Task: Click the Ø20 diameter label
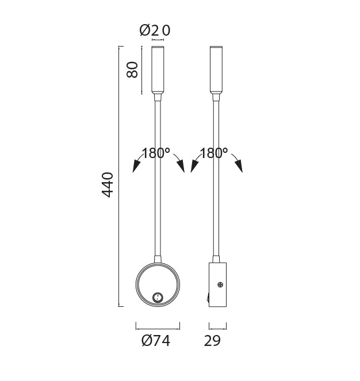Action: click(x=155, y=30)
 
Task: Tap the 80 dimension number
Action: click(x=132, y=70)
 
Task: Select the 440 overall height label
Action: click(x=108, y=184)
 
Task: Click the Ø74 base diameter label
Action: click(x=155, y=341)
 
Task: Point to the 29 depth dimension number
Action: click(x=212, y=341)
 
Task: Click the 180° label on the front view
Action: click(x=156, y=154)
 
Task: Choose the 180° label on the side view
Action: click(x=214, y=154)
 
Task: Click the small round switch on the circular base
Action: click(x=157, y=297)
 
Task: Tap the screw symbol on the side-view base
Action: click(x=220, y=284)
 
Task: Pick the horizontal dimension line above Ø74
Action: click(x=158, y=326)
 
